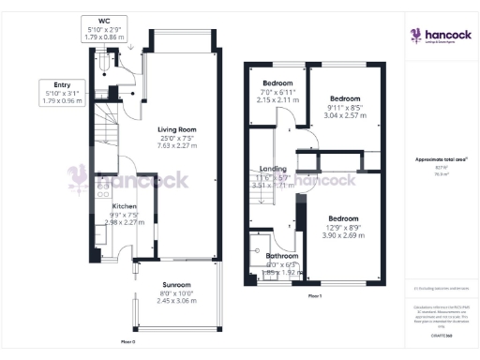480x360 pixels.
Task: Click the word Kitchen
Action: click(x=125, y=205)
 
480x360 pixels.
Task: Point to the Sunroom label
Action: click(x=176, y=285)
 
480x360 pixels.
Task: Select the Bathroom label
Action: click(x=282, y=256)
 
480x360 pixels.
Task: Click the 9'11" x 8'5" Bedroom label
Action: click(x=346, y=98)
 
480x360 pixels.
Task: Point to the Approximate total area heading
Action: click(x=434, y=159)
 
